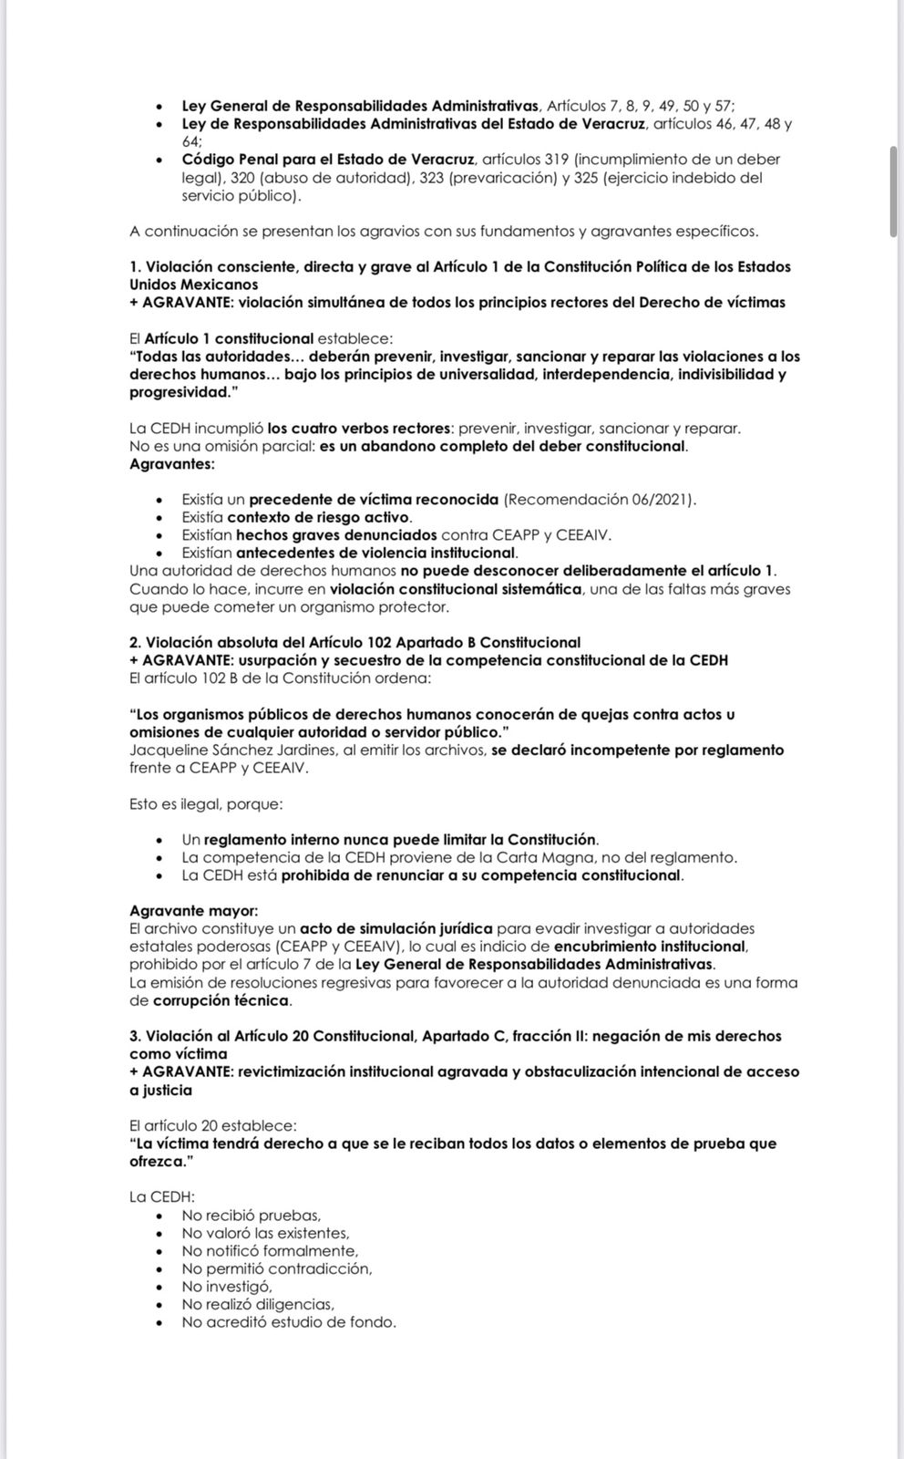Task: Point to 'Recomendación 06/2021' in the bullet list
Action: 598,500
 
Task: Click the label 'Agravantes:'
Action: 172,464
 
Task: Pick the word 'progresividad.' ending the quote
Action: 178,392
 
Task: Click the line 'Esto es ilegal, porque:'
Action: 206,804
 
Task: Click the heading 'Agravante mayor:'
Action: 193,911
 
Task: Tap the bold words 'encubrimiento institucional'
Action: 650,947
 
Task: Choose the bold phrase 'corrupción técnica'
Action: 221,1000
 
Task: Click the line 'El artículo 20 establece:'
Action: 212,1126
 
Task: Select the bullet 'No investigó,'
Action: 226,1287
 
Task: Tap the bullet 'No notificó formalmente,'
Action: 269,1251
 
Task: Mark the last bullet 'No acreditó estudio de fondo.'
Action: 288,1322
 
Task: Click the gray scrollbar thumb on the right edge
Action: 894,191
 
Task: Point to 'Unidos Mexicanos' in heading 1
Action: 193,285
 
